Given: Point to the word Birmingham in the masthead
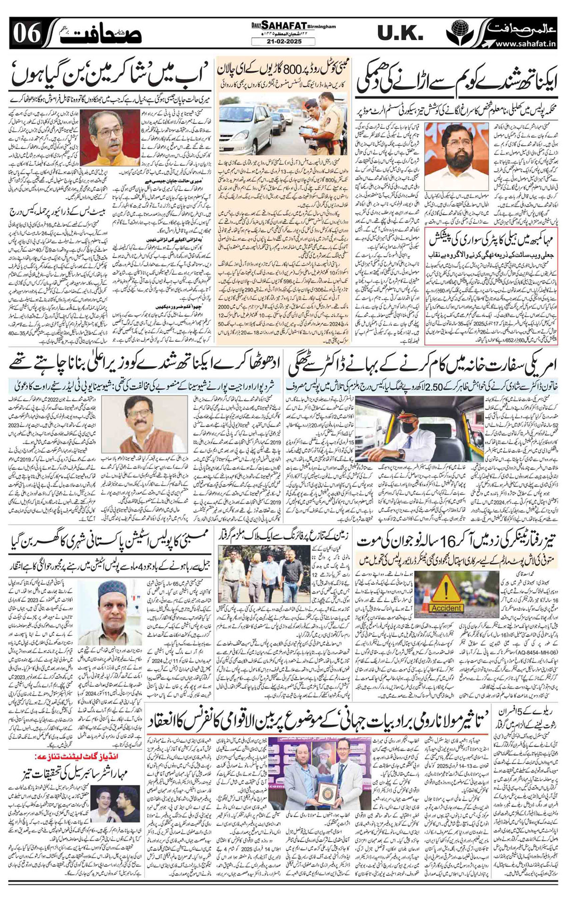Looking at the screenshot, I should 321,26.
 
